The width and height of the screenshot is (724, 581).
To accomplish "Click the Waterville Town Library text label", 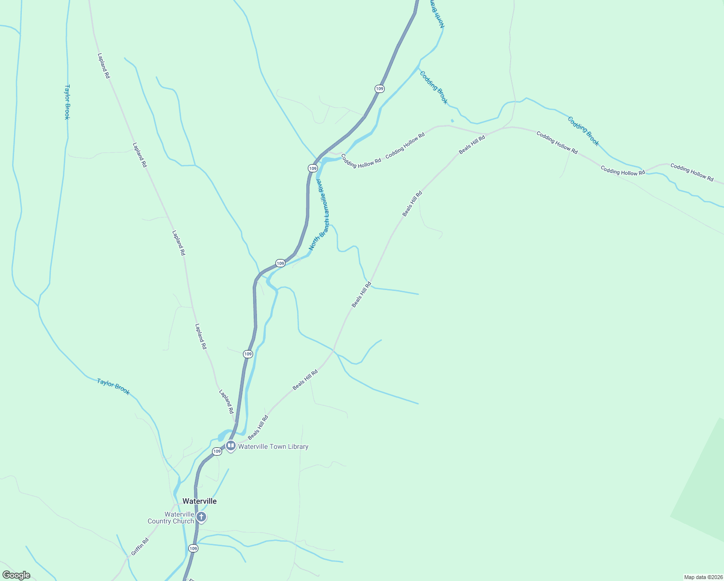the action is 273,447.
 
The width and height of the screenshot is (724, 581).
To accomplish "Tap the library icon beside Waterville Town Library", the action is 230,446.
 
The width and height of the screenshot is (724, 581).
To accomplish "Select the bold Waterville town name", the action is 199,501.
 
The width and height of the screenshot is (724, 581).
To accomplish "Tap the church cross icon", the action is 201,518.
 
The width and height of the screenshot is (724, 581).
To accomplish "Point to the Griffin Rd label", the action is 139,547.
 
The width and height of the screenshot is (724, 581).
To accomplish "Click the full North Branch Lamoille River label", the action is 319,214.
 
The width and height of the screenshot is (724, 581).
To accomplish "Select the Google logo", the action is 16,575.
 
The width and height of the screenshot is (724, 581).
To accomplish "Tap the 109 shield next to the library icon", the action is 217,451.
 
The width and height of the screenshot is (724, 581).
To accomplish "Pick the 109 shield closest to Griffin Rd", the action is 193,549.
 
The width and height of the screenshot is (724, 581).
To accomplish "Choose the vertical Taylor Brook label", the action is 67,102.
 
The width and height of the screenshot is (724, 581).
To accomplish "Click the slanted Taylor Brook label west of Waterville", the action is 113,386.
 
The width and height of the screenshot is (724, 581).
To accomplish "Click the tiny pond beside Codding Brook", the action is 452,121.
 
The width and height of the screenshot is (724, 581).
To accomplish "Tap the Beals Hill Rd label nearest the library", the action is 258,427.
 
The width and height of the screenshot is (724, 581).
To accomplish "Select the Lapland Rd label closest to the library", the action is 226,401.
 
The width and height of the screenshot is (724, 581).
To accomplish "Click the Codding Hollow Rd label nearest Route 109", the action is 361,161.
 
